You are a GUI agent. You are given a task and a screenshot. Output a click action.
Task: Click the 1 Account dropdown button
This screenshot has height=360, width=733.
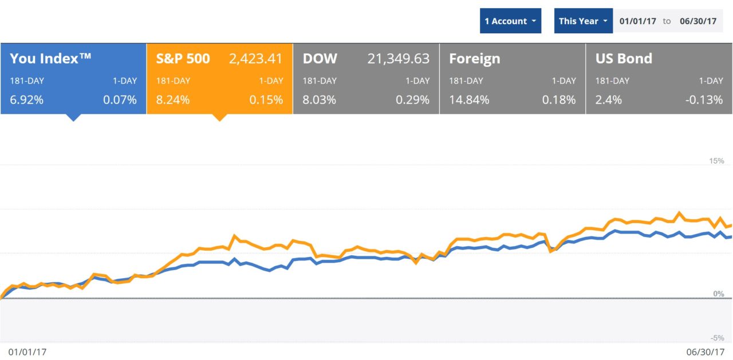point(510,21)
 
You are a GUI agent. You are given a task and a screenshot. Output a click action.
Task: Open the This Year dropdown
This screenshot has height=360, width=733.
point(583,21)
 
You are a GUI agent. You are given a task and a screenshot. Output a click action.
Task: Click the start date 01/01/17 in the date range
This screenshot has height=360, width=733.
point(637,21)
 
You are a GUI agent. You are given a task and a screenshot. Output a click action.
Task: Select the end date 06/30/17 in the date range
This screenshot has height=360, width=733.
point(697,21)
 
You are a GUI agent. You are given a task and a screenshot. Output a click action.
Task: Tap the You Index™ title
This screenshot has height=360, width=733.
point(50,58)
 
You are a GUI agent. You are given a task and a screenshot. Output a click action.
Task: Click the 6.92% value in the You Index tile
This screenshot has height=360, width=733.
point(26,100)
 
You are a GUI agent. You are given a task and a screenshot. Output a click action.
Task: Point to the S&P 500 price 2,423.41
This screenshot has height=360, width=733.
point(256,58)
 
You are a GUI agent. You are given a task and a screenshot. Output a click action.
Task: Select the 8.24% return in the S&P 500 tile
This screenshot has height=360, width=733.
point(173,100)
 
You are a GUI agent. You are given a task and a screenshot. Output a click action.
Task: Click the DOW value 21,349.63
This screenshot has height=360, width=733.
point(397,58)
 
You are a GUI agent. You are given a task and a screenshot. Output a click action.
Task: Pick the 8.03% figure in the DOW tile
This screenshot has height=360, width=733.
point(320,100)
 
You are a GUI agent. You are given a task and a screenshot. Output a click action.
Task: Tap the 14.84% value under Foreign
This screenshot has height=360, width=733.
point(469,100)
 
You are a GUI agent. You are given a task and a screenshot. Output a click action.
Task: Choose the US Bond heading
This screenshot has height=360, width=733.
point(624,58)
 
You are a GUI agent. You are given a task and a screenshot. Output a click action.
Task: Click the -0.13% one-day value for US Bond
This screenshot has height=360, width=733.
point(704,100)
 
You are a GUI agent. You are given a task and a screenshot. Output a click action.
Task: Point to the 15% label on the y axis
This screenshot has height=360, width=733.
point(716,161)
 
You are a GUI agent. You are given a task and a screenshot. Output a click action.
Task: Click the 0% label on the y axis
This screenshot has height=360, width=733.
point(718,294)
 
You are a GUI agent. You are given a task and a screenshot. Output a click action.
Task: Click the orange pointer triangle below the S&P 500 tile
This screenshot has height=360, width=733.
point(219,117)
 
